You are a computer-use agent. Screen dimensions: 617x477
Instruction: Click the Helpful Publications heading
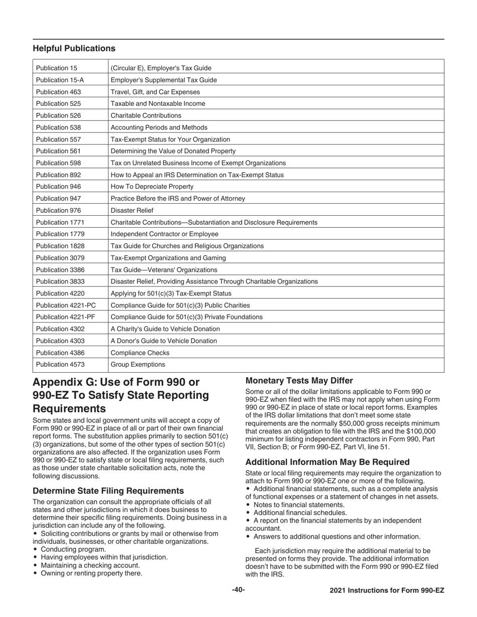tap(74, 49)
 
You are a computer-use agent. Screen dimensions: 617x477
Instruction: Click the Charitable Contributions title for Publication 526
tap(146, 115)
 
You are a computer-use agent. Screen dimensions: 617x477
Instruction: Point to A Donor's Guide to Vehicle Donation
tap(164, 341)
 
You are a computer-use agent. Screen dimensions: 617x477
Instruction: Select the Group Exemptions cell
tap(138, 365)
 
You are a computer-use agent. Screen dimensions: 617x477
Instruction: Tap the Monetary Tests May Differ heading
tap(299, 381)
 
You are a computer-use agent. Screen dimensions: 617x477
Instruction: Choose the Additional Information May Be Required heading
tap(327, 462)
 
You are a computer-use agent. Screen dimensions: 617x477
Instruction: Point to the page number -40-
tap(238, 590)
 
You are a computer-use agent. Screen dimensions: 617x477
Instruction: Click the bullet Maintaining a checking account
tap(90, 565)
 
